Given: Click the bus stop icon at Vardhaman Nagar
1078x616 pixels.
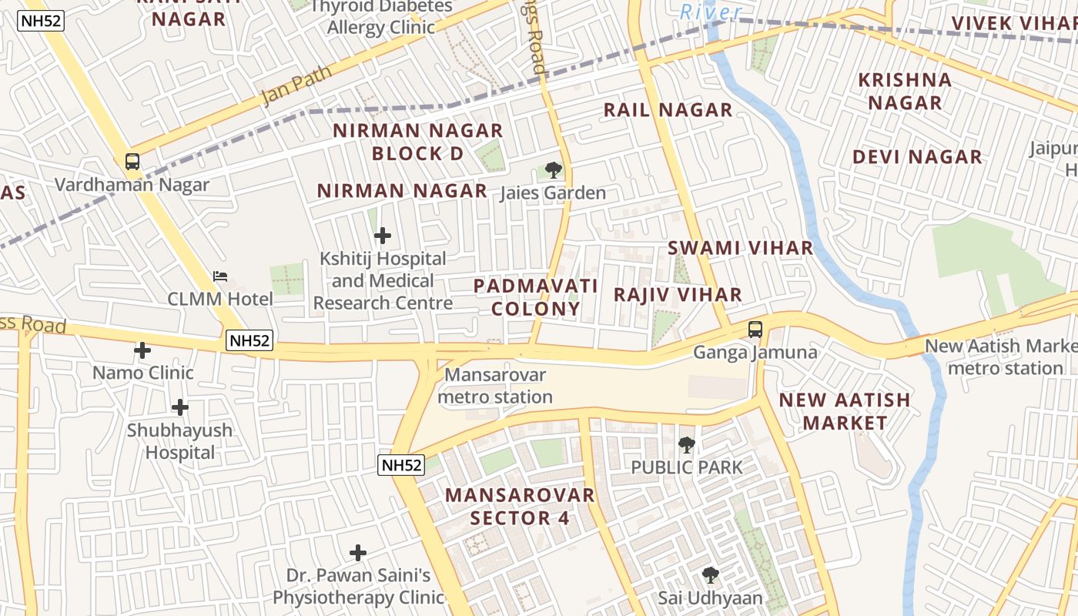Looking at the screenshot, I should [132, 162].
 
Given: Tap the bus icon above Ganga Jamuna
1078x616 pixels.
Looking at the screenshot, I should [755, 330].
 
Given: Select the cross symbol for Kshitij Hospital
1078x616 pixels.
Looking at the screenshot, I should [383, 236].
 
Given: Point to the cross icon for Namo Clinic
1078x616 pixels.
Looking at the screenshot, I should [142, 350].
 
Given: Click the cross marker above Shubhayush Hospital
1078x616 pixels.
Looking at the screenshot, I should [180, 407].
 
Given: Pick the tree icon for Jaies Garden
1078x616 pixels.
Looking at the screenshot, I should [553, 170].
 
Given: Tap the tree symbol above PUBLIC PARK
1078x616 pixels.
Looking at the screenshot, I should [686, 444].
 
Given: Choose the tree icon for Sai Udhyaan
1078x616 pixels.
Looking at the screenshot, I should [710, 574].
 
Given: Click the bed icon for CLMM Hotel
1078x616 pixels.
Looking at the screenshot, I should [220, 276].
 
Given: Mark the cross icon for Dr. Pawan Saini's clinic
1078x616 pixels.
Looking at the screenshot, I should [358, 552].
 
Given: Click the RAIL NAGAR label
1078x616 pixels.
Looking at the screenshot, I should [668, 110].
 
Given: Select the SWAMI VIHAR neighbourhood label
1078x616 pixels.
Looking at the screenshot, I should [740, 248].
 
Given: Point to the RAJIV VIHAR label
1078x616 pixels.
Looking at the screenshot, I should [678, 295].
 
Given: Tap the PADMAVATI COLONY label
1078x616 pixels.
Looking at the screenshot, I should [536, 297].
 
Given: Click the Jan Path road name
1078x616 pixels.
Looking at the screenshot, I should [296, 85].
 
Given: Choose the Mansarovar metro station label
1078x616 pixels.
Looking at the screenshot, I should [496, 387].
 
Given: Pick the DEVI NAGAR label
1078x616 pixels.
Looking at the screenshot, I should [917, 158].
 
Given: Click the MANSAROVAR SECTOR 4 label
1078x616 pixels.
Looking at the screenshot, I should [521, 506].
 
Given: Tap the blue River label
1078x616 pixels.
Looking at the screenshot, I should [711, 12].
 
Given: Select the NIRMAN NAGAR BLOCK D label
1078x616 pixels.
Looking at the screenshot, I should [418, 142].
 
